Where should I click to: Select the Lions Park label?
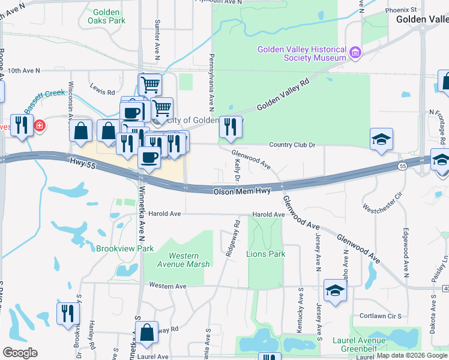click(266, 254)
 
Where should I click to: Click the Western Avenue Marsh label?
click(189, 260)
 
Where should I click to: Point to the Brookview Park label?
click(125, 248)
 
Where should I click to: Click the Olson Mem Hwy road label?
click(243, 191)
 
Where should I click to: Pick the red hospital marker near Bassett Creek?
click(39, 126)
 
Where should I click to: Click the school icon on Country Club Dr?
click(381, 140)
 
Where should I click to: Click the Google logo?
click(20, 352)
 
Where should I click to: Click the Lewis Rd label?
click(103, 92)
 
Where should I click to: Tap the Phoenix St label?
click(401, 10)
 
